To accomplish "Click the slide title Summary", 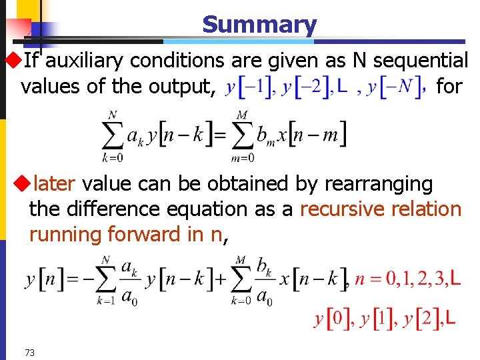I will click(259, 25).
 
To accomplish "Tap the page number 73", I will click(29, 353).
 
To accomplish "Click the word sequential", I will click(421, 61).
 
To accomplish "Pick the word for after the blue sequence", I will click(449, 87).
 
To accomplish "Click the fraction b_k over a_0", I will click(265, 280).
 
